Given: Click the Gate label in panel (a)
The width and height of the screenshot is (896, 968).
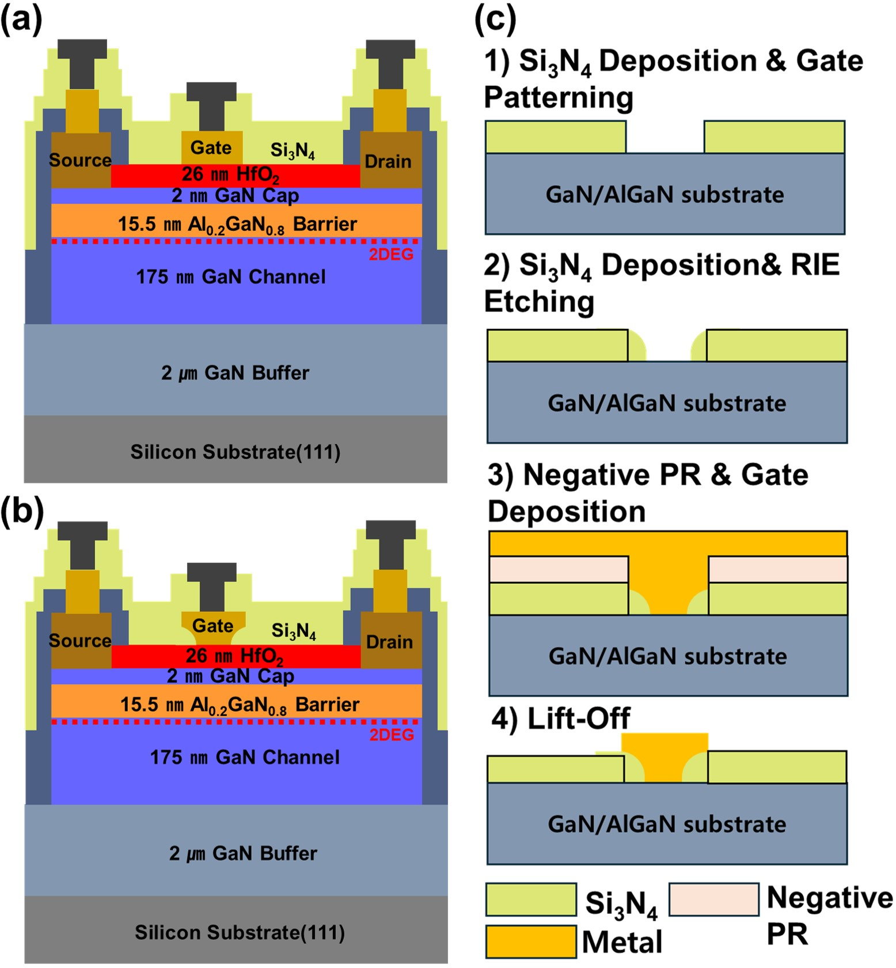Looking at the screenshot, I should tap(211, 148).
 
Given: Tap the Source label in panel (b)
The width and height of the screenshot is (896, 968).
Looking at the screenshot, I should tap(80, 640).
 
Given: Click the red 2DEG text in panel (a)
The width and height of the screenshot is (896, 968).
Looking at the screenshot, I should tap(391, 254).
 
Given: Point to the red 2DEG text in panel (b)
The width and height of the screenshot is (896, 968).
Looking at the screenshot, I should tap(392, 735).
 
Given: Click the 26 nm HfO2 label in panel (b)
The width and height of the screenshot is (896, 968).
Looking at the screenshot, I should tap(234, 656).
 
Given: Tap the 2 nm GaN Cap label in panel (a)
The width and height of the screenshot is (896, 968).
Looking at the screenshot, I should tap(235, 195).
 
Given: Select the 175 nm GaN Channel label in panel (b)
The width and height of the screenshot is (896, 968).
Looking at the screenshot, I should tap(245, 757).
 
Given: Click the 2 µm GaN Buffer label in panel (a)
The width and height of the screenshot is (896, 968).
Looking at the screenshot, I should tap(235, 373).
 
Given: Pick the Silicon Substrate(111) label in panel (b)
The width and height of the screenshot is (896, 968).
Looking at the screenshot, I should tap(240, 932).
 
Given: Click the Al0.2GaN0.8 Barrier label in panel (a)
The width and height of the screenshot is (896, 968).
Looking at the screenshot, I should tap(237, 224).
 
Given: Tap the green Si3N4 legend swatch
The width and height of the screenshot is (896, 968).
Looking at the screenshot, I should tap(530, 899).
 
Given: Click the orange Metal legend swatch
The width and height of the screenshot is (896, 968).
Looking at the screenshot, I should tap(530, 941).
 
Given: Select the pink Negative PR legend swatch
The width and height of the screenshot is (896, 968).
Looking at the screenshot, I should tap(713, 899).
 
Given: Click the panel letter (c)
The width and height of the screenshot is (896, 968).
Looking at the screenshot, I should tap(495, 20).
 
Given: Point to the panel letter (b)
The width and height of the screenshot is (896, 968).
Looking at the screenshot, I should tap(22, 511).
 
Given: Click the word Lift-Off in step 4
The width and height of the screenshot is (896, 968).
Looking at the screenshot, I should tap(578, 718).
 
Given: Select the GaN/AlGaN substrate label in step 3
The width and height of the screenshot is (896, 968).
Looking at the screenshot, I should tap(667, 656).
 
